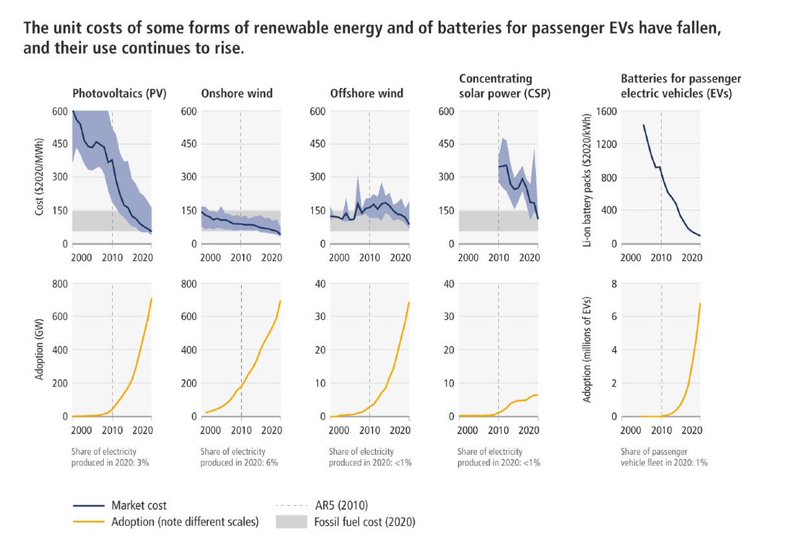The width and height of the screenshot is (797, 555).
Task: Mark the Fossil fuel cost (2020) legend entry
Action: coord(365,522)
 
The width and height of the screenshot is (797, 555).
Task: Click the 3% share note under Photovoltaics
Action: coord(110,457)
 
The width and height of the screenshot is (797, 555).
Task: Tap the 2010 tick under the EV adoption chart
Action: coord(662,430)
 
